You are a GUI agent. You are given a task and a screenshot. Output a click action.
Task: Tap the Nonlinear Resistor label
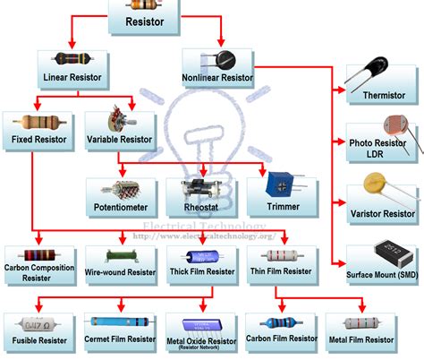tap(217, 77)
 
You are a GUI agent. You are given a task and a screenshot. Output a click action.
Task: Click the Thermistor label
tap(385, 95)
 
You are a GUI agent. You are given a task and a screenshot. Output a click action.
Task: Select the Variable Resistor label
tap(119, 141)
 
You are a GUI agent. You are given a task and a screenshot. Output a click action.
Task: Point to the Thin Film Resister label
tap(281, 270)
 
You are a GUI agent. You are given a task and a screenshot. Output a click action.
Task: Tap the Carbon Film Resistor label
tap(281, 340)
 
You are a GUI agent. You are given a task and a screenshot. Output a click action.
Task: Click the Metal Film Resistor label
tap(360, 340)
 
